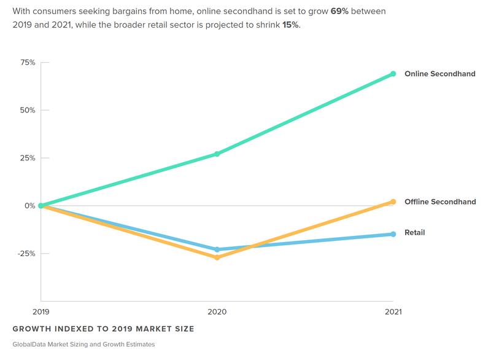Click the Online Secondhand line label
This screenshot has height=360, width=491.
pos(440,74)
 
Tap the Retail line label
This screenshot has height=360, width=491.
pos(415,233)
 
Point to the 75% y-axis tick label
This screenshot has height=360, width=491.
pos(28,63)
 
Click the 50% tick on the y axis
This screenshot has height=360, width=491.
pos(28,111)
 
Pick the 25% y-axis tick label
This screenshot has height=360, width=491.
pos(28,158)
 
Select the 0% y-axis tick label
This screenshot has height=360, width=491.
pos(29,206)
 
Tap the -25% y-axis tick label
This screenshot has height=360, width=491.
pos(27,253)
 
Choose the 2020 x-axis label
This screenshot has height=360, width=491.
pos(217,312)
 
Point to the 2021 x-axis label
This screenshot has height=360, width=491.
pos(393,312)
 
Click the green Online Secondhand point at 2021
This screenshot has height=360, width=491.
pos(393,74)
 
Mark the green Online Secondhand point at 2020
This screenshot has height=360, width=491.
pos(217,154)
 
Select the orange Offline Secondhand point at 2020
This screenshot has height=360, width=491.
pos(217,257)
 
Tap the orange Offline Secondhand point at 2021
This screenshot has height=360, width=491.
pos(393,202)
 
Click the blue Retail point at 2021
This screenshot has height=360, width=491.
pos(393,234)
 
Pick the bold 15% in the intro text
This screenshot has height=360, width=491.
pos(290,26)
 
